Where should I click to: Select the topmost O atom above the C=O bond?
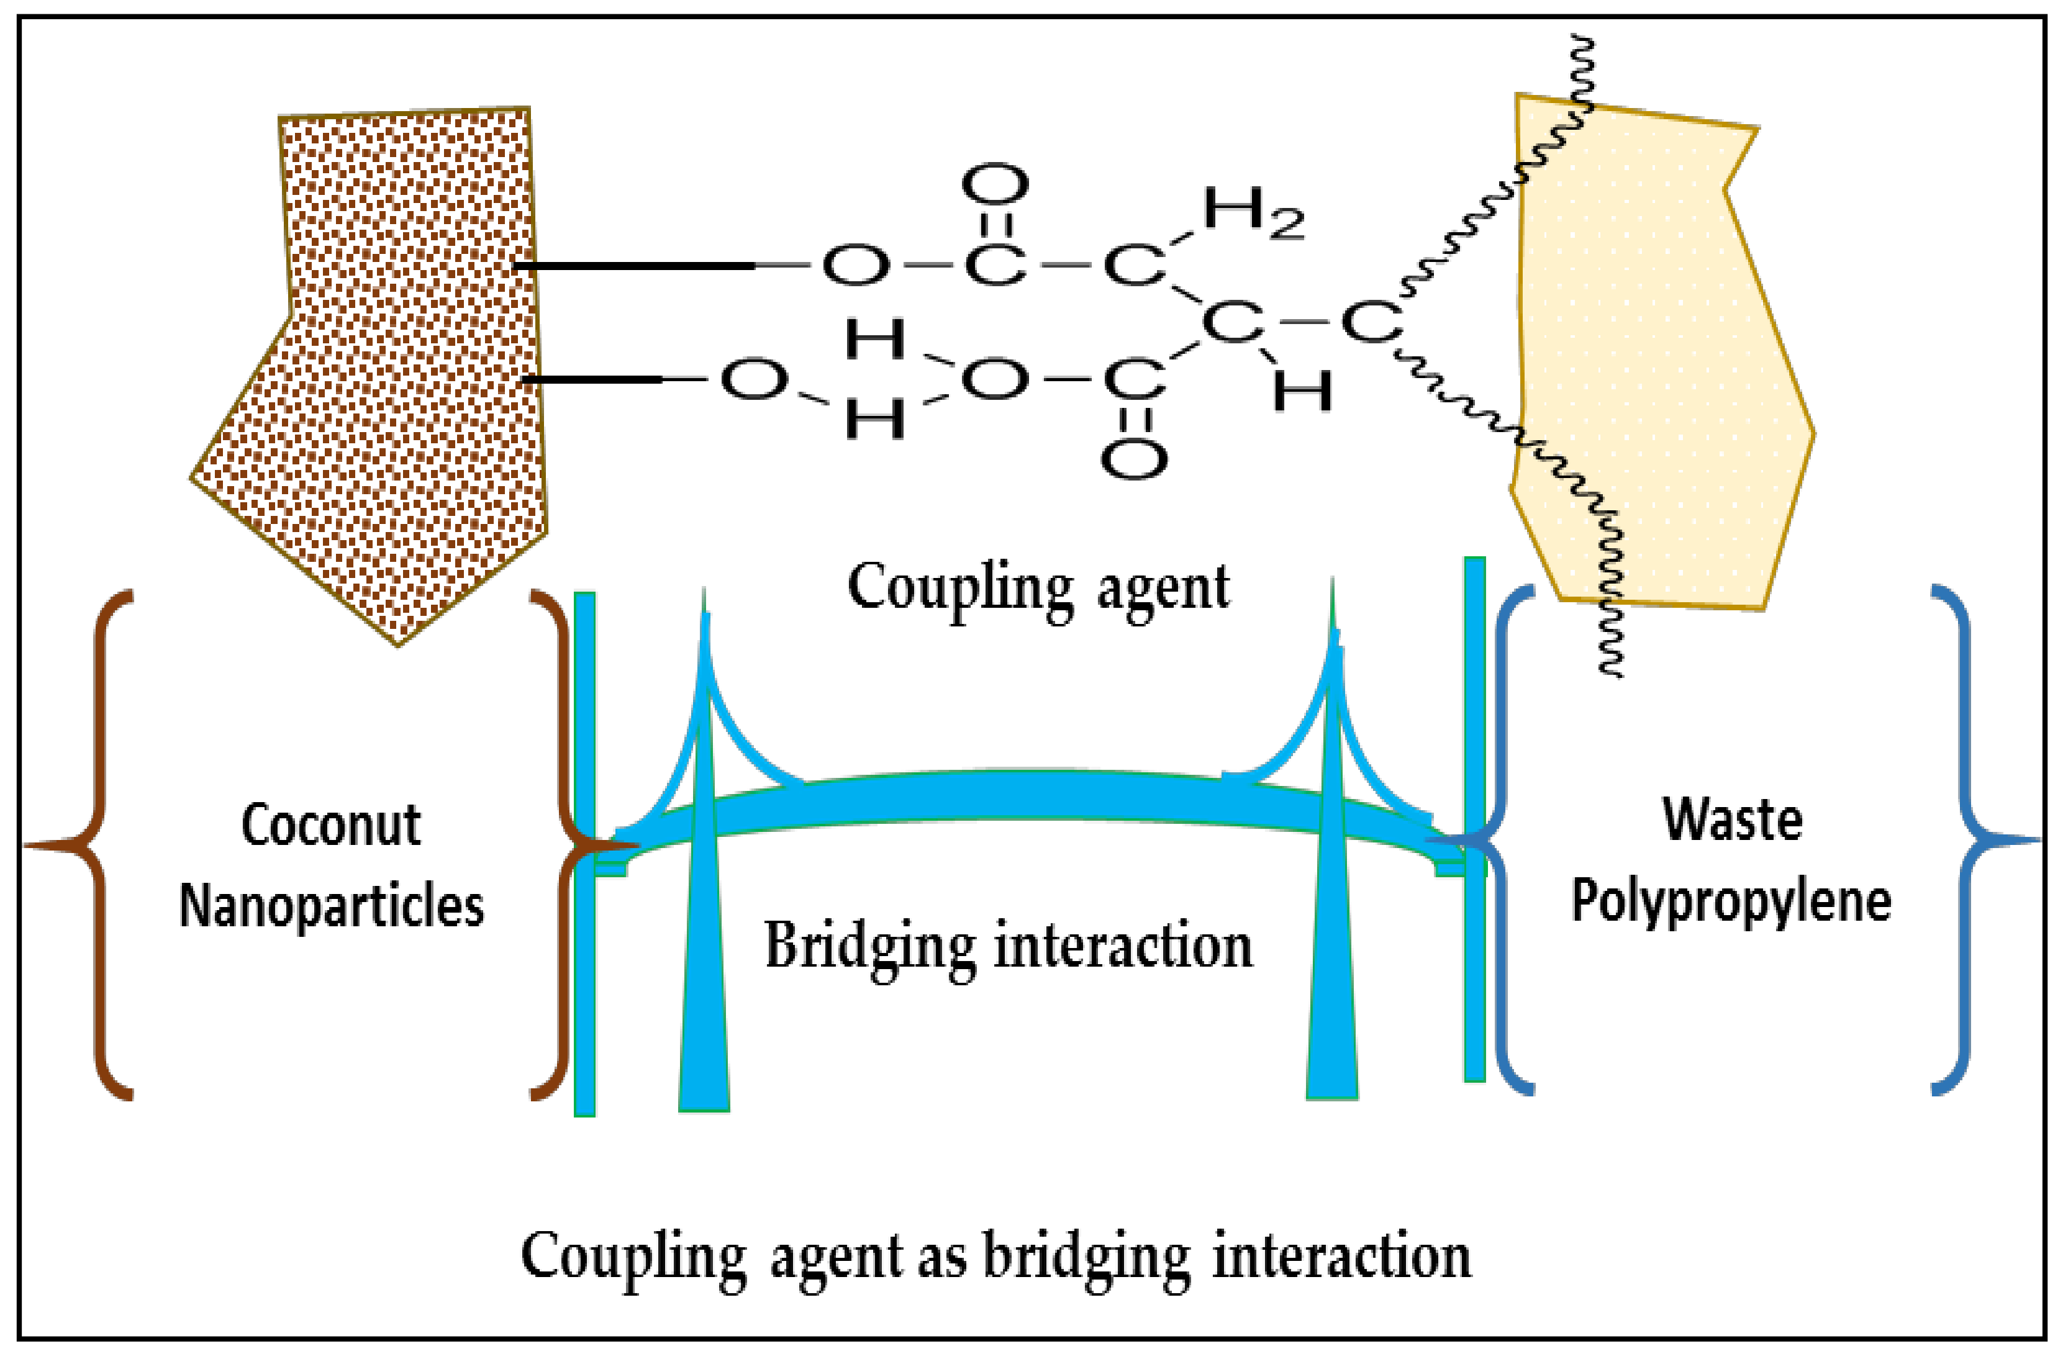(994, 184)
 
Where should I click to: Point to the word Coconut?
(331, 825)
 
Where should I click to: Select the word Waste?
(1732, 820)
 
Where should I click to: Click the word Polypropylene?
(1732, 901)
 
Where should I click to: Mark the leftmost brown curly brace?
(96, 845)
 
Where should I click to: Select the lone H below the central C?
(1301, 391)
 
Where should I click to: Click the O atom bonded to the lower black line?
(753, 379)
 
